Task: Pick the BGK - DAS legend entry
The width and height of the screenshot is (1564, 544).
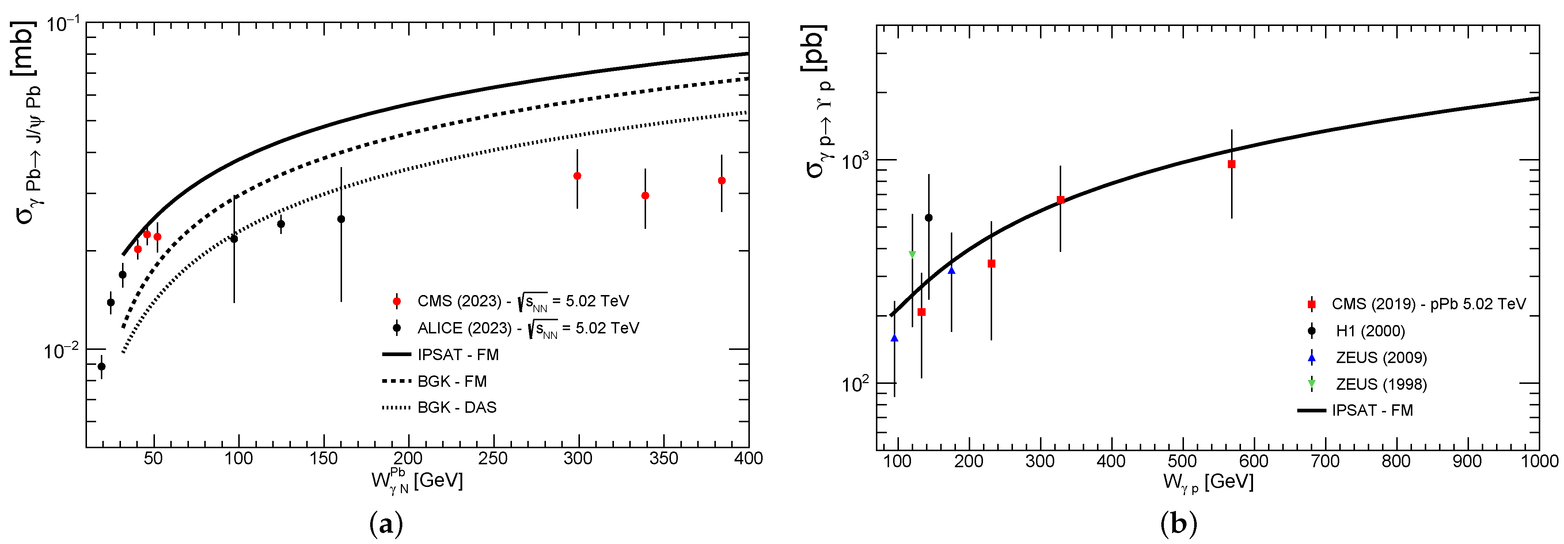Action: (456, 407)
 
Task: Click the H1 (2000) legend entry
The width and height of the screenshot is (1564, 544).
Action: (1370, 331)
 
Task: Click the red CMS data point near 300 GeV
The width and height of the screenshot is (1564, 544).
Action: (577, 176)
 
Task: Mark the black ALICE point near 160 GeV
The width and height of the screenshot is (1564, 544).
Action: (341, 219)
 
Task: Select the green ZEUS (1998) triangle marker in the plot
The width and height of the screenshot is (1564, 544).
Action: (912, 254)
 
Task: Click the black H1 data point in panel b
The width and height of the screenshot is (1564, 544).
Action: (928, 218)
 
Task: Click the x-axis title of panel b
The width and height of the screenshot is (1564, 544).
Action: (1208, 482)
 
